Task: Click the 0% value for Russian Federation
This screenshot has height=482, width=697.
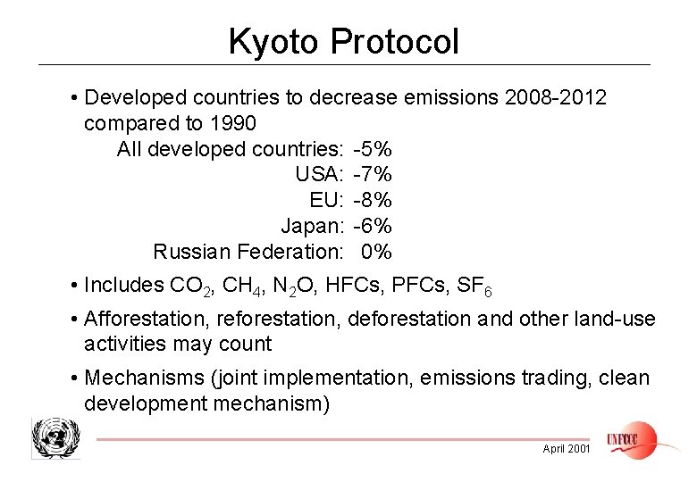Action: pyautogui.click(x=376, y=252)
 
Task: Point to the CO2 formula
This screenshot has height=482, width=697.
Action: pyautogui.click(x=189, y=286)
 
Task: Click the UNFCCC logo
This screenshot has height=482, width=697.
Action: pyautogui.click(x=631, y=438)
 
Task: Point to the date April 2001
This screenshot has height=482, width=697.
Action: pyautogui.click(x=567, y=449)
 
